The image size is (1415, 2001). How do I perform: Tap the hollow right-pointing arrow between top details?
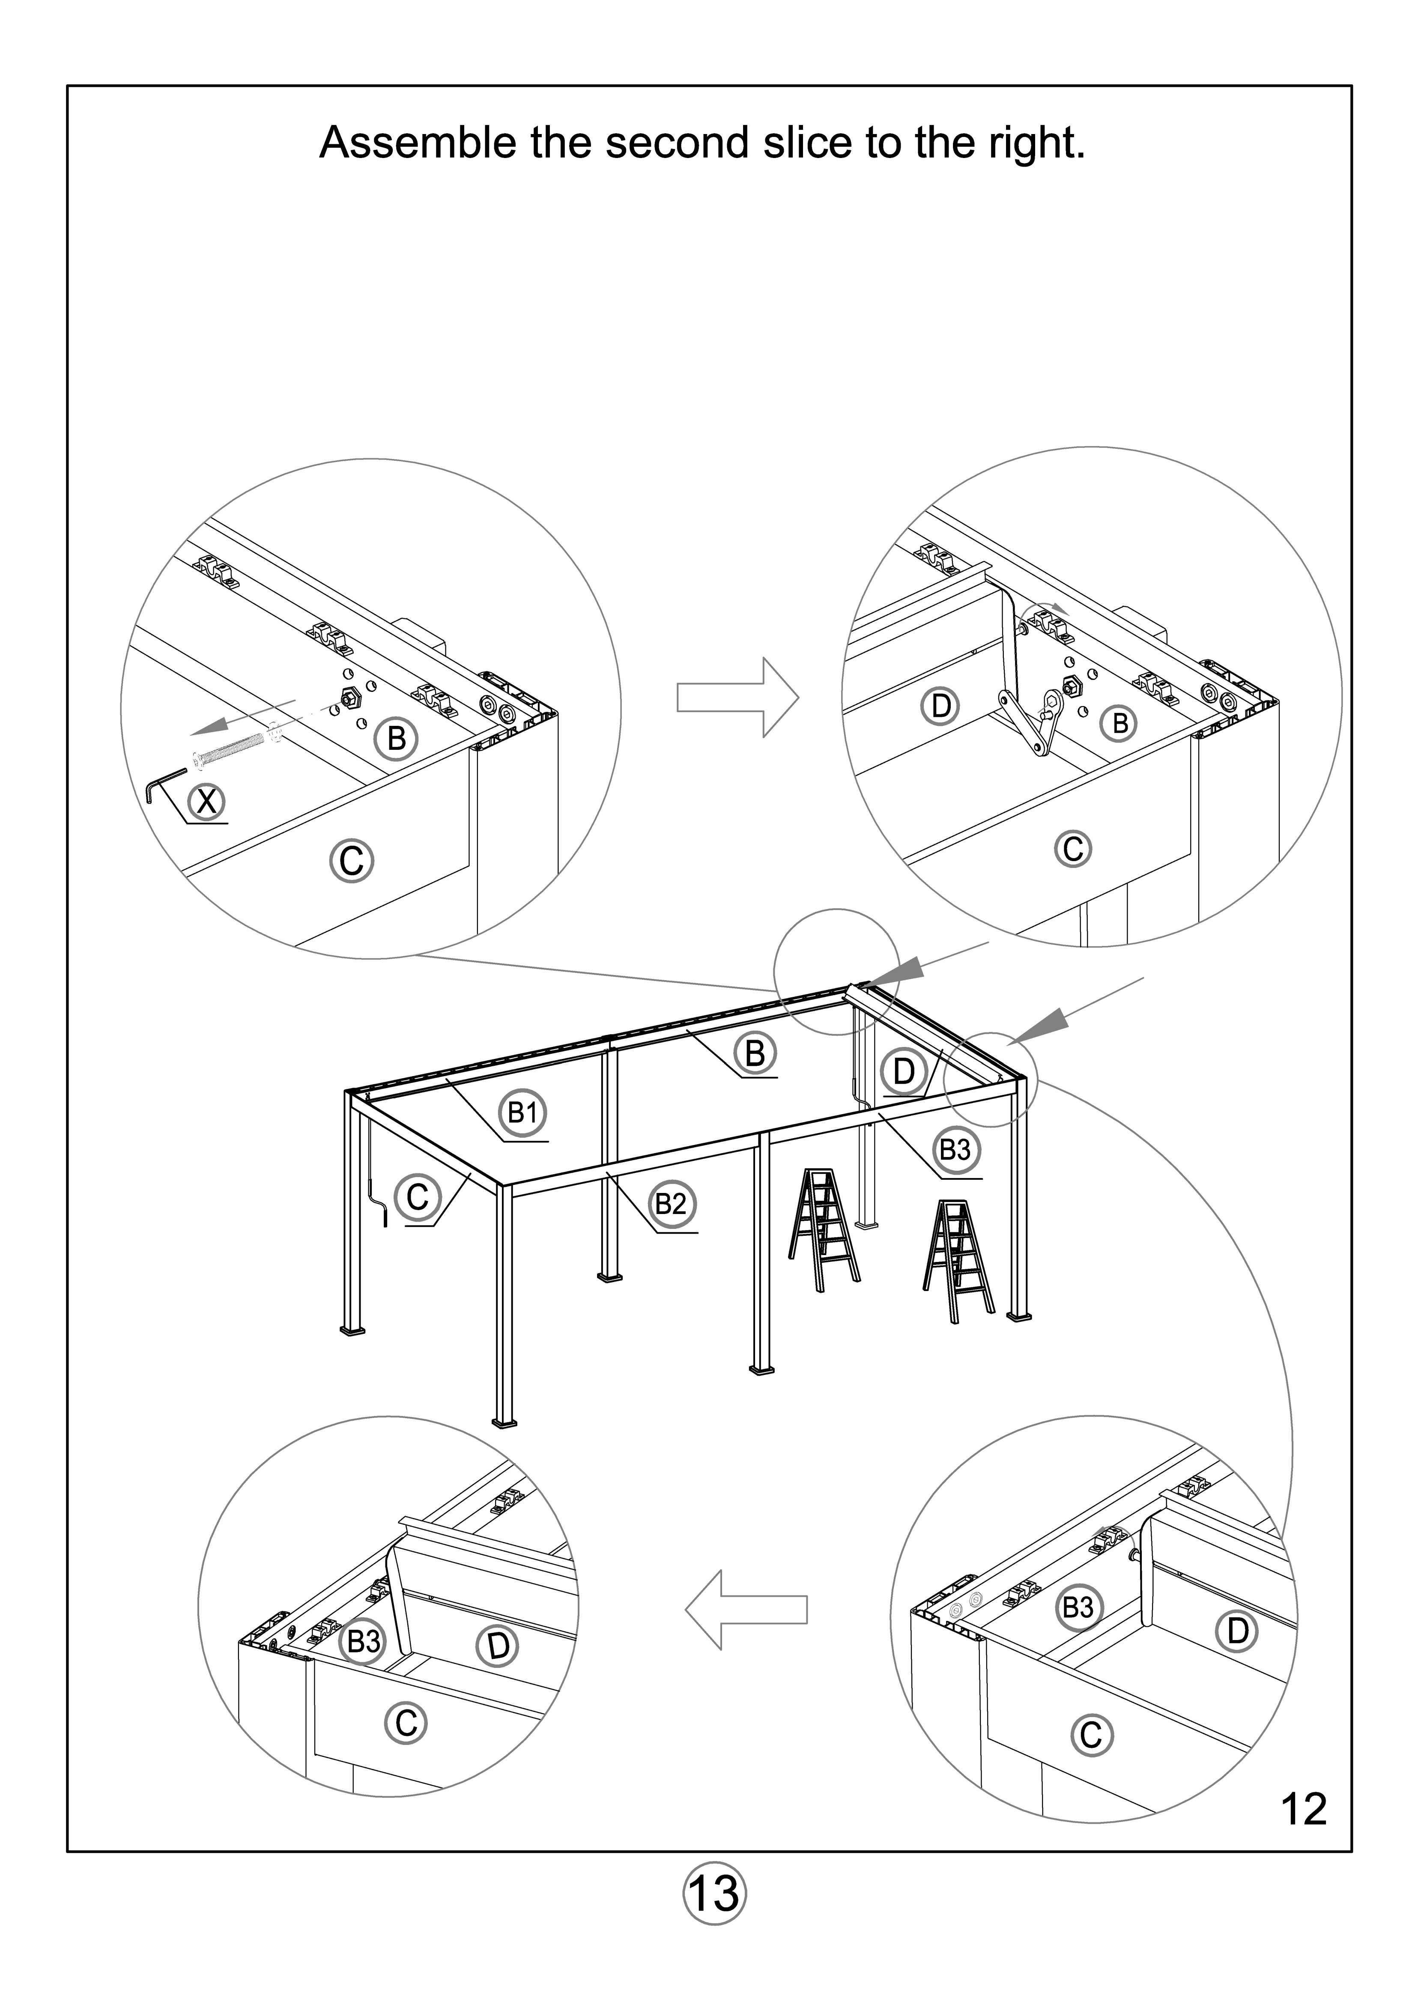[737, 697]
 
